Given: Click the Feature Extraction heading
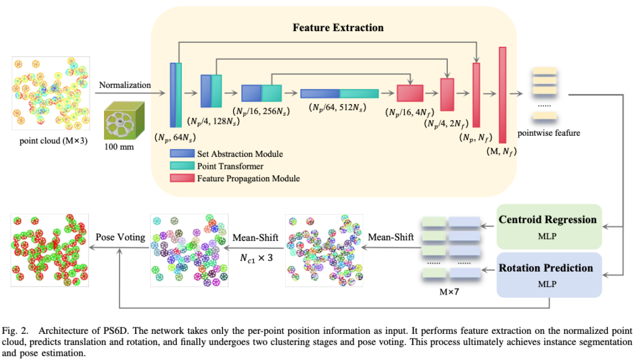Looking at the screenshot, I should (x=338, y=27).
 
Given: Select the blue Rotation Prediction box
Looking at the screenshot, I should (x=548, y=275).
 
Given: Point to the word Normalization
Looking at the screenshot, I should (x=125, y=85).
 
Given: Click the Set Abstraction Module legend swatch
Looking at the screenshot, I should (x=181, y=154).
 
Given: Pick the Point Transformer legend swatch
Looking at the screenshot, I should (x=181, y=166).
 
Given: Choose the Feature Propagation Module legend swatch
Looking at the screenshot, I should (x=181, y=178).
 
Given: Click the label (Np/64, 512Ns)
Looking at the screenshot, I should (x=340, y=109).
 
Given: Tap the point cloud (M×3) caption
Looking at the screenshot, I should (x=53, y=140).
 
